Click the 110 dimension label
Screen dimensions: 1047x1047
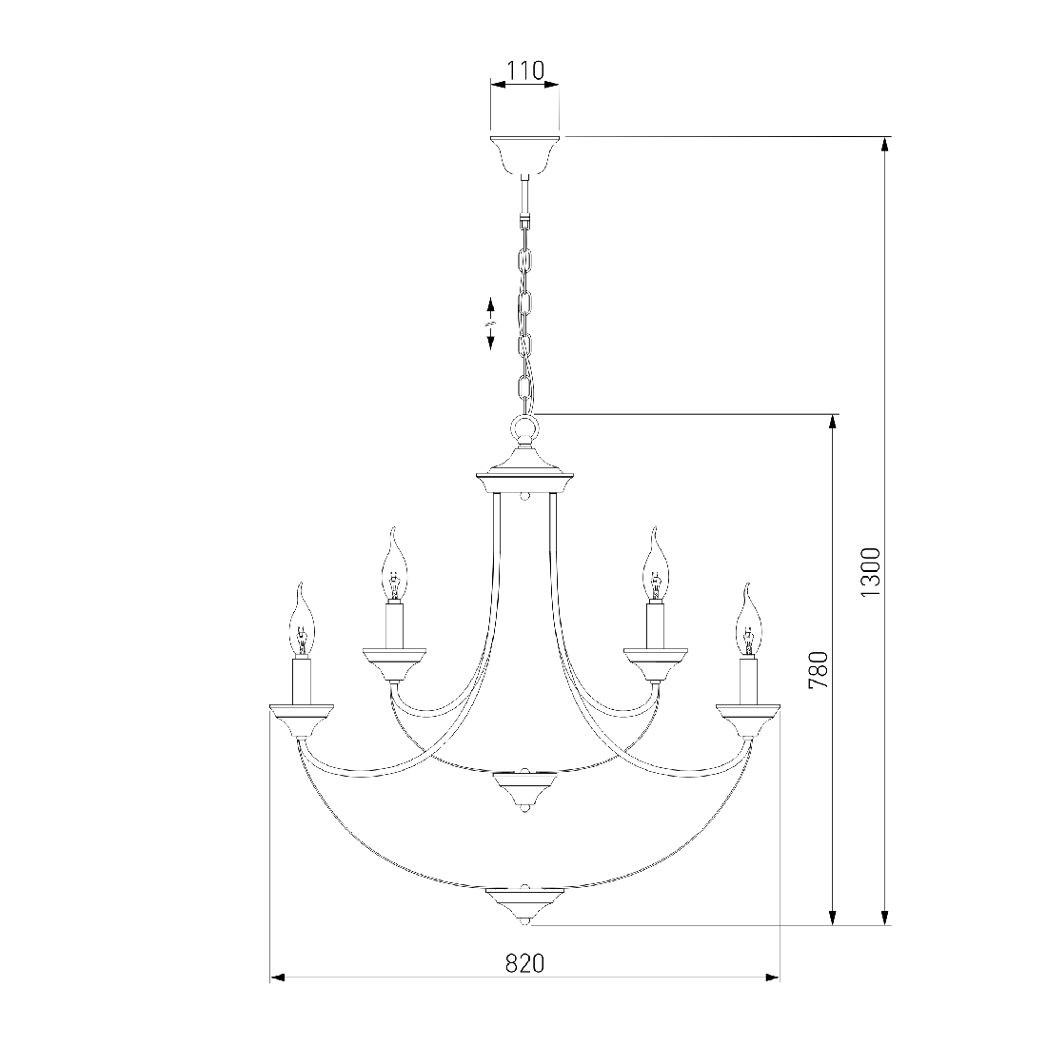[x=525, y=70]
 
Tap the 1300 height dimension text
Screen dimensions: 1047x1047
[x=871, y=573]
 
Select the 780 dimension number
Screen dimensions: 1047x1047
[x=818, y=670]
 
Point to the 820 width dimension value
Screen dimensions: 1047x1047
[x=524, y=963]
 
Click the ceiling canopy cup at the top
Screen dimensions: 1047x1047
[x=524, y=155]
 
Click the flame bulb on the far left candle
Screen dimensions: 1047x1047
[x=303, y=619]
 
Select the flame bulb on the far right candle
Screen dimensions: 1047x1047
[x=748, y=619]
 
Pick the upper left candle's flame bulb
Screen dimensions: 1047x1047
[x=395, y=563]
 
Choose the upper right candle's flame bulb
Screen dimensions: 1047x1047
[x=655, y=563]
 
